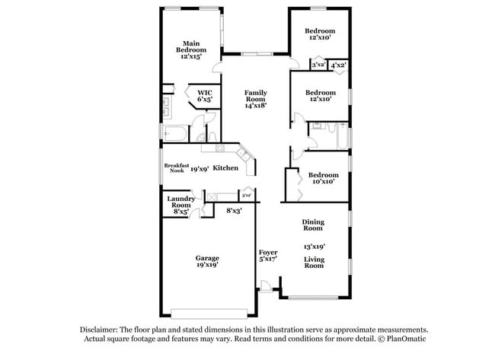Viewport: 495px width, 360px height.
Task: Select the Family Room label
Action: [255, 96]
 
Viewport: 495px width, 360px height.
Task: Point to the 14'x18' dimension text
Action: [255, 106]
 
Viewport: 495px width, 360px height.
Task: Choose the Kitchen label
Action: [226, 167]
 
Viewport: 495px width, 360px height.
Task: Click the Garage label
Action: [207, 257]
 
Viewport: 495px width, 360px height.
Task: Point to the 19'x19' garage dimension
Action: [207, 265]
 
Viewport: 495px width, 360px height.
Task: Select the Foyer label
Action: [267, 251]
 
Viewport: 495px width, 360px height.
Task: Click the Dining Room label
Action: [314, 225]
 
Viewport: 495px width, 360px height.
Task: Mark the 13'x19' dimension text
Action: [314, 246]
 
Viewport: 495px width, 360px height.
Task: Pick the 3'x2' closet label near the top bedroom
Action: [318, 65]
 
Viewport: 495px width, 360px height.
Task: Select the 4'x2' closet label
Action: [339, 65]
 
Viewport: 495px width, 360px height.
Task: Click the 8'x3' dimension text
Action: [234, 210]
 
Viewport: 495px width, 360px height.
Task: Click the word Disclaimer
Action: [101, 330]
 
